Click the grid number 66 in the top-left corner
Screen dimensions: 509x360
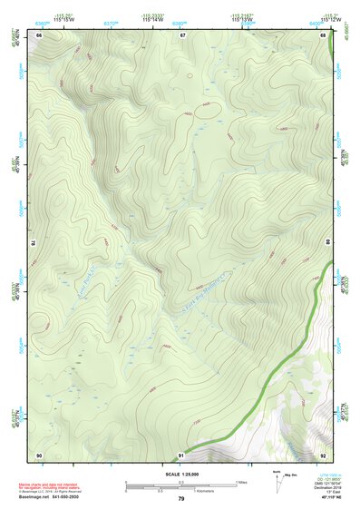pyautogui.click(x=39, y=34)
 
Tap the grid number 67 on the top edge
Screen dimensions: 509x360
pyautogui.click(x=181, y=34)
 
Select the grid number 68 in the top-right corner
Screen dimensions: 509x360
pyautogui.click(x=323, y=34)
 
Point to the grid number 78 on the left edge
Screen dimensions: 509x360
pyautogui.click(x=34, y=244)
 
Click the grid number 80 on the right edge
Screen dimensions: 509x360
pyautogui.click(x=329, y=244)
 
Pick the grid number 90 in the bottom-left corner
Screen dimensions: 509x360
pyautogui.click(x=39, y=454)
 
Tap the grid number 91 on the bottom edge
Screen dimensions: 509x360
pyautogui.click(x=181, y=454)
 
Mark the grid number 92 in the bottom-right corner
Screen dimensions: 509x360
pyautogui.click(x=323, y=454)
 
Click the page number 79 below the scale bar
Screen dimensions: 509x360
pyautogui.click(x=181, y=499)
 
